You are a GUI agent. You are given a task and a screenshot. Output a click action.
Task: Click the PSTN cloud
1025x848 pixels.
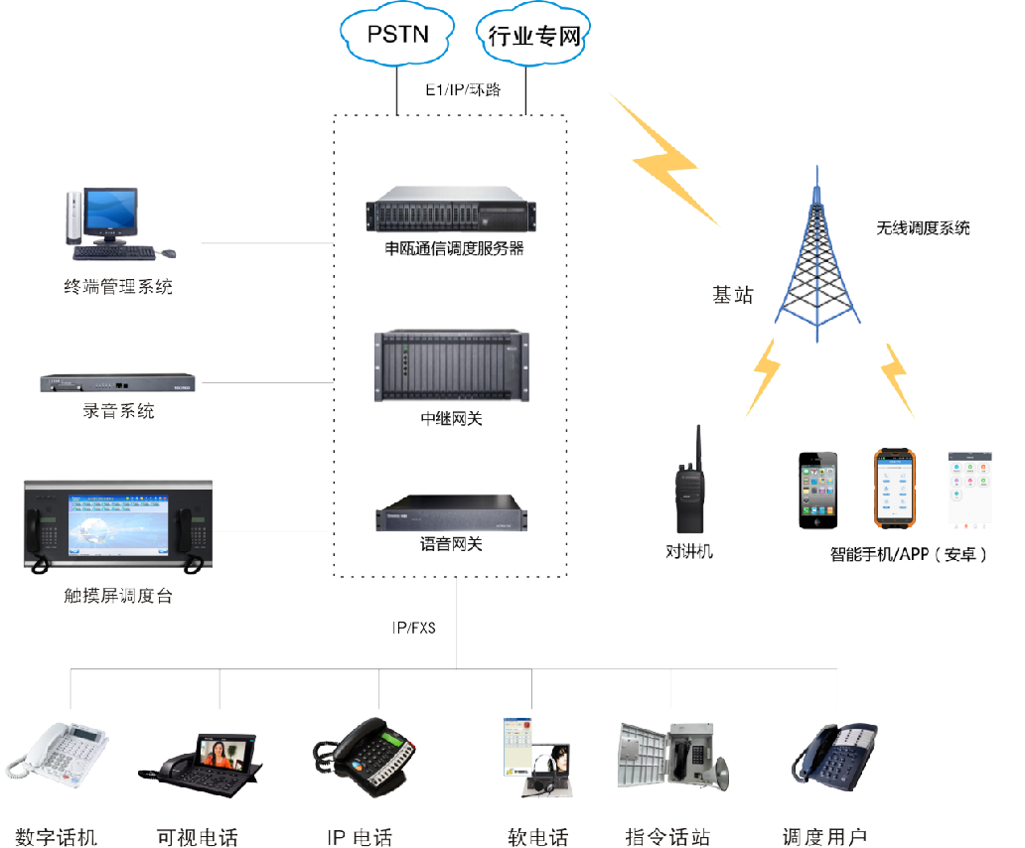click(x=396, y=36)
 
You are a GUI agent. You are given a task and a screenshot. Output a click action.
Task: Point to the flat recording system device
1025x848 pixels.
click(x=118, y=382)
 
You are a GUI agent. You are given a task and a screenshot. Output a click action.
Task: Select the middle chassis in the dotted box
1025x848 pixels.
click(x=452, y=366)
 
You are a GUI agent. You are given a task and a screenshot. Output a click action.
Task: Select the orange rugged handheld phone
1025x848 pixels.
click(x=894, y=489)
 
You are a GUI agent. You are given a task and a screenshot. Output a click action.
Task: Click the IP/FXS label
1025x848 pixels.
click(x=413, y=628)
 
